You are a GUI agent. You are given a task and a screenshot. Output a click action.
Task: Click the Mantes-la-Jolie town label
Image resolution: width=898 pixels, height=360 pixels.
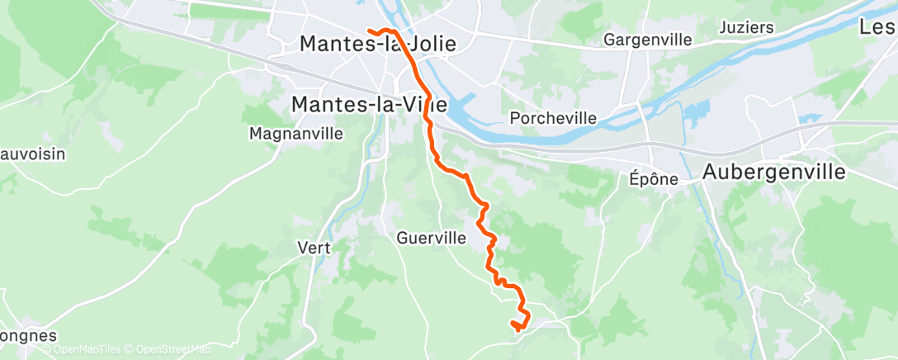(377, 44)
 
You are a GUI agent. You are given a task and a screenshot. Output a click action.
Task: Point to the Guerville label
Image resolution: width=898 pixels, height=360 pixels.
(432, 238)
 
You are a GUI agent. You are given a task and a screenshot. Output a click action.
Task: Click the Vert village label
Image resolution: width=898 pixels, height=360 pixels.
(314, 247)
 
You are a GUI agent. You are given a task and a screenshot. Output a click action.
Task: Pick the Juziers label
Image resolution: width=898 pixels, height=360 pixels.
(746, 27)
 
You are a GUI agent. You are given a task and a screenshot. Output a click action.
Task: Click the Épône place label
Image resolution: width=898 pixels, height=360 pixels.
(653, 178)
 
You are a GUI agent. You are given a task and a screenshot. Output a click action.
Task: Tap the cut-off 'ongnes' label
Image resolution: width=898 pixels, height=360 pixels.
(28, 336)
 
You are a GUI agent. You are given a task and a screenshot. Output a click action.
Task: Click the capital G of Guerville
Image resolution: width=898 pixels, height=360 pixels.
(403, 238)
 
